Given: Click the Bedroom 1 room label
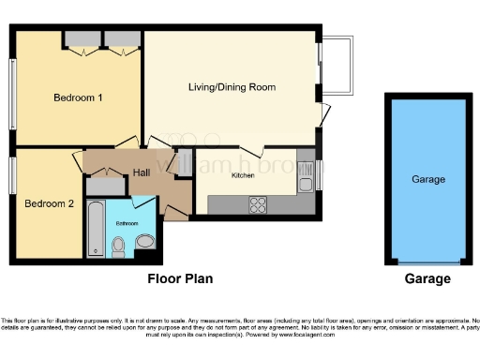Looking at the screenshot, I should point(78,97).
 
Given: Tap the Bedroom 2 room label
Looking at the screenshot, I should point(49,203).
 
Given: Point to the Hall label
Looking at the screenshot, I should point(141,172).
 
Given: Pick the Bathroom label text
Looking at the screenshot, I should point(127,224).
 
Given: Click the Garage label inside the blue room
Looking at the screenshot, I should point(427,179).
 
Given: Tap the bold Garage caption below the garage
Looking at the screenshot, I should point(427,279).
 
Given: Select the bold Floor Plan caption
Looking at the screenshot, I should point(180,279).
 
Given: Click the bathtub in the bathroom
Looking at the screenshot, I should point(95,230).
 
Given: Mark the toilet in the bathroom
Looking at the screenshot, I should point(118,247).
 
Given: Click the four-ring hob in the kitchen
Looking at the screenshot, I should point(258,204).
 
